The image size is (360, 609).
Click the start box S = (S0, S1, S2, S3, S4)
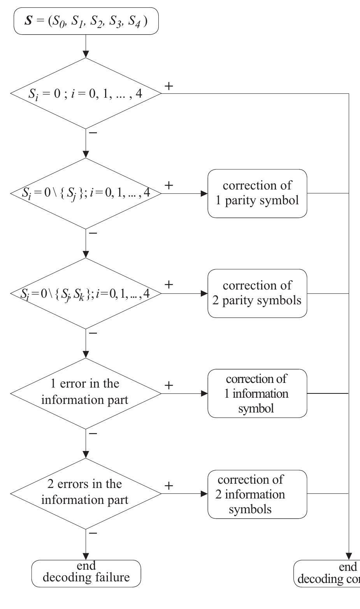tap(86, 21)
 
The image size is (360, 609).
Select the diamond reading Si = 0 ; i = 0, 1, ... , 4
tap(86, 93)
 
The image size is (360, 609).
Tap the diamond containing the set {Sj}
tap(86, 193)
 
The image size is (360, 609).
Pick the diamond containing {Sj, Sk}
tap(86, 293)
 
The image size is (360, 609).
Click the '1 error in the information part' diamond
tap(86, 393)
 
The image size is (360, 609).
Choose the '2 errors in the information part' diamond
tap(86, 493)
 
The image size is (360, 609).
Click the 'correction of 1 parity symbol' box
tap(257, 193)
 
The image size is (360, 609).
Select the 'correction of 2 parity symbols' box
tap(257, 293)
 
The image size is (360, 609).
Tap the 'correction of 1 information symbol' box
tap(257, 393)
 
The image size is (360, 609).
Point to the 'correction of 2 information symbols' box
tap(257, 494)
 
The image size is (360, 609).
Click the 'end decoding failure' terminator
tap(86, 573)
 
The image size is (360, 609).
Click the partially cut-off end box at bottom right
tap(327, 573)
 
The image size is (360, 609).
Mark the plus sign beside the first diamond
tap(169, 86)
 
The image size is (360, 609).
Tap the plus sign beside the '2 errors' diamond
tap(169, 486)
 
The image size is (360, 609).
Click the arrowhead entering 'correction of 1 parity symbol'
tap(204, 193)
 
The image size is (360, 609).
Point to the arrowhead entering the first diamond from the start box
tap(86, 54)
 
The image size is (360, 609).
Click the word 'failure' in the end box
tap(108, 577)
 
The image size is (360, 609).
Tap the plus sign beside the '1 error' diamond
tap(169, 385)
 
